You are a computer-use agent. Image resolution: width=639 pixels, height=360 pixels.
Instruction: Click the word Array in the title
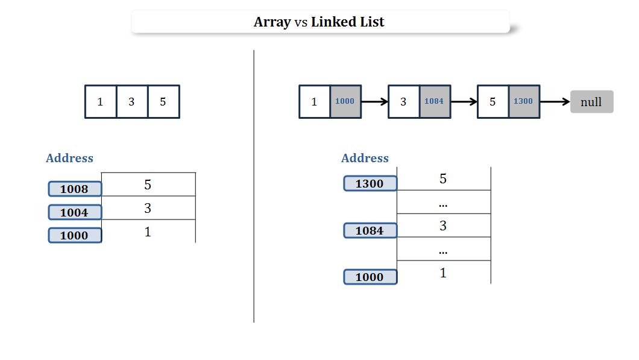[x=272, y=22]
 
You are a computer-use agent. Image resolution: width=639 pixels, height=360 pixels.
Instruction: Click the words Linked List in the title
[x=348, y=22]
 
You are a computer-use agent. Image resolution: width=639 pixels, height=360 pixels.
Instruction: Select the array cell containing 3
[x=131, y=102]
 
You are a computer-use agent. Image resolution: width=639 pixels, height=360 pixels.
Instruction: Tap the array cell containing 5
[x=163, y=102]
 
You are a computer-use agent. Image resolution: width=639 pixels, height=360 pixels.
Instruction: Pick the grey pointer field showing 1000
[x=345, y=101]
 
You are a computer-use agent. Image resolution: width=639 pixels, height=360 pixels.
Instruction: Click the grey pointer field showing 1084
[x=435, y=101]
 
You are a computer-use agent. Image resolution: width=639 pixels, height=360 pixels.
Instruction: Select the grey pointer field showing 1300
[x=524, y=101]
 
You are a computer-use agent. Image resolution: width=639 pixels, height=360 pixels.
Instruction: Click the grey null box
[x=591, y=102]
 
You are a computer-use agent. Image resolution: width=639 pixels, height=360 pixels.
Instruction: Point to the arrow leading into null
[x=555, y=102]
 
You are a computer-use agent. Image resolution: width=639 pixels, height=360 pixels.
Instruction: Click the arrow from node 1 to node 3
[x=374, y=102]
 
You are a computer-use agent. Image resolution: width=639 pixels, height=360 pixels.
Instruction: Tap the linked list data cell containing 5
[x=493, y=102]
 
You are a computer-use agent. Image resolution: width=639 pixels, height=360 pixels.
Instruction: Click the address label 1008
[x=75, y=189]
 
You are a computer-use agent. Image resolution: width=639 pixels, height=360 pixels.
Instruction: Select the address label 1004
[x=75, y=212]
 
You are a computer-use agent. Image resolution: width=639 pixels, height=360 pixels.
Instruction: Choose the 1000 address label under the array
[x=75, y=235]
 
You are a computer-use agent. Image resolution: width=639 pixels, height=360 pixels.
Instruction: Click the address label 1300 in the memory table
[x=370, y=183]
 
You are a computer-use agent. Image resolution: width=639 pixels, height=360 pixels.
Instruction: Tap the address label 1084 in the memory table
[x=370, y=230]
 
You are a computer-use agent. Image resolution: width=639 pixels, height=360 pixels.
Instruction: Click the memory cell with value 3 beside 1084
[x=444, y=226]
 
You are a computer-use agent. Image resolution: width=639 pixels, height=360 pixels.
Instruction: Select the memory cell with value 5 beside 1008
[x=148, y=185]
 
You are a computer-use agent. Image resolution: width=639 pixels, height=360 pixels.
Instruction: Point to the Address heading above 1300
[x=365, y=158]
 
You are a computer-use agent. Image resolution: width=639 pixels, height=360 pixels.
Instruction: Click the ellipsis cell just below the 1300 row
[x=444, y=203]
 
